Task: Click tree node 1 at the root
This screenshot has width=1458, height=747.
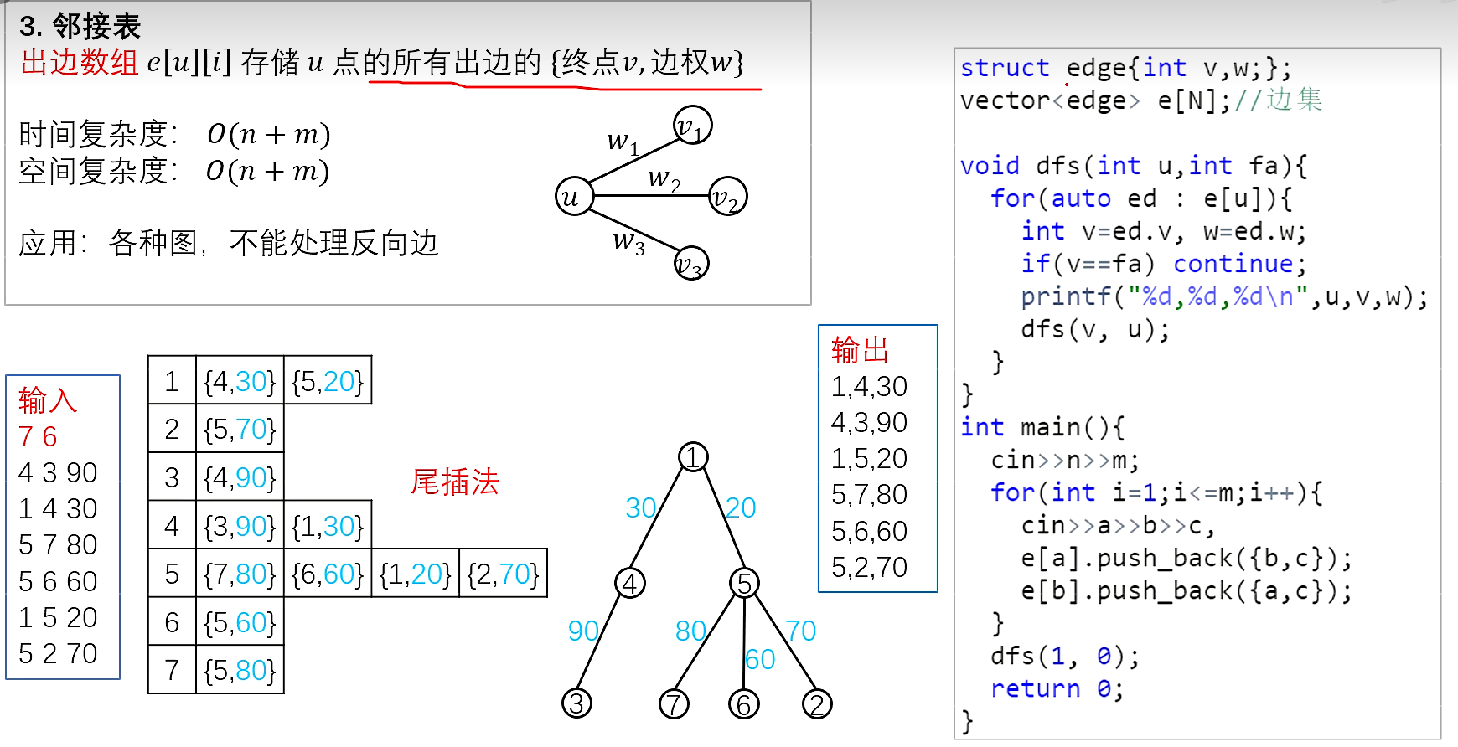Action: tap(693, 457)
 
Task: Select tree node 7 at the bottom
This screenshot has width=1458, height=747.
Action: tap(674, 703)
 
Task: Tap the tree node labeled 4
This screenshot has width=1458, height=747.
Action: tap(630, 583)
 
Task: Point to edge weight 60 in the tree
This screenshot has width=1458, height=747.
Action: tap(760, 660)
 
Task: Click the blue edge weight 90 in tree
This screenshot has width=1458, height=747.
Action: tap(583, 631)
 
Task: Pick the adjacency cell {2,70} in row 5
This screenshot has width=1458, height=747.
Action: tap(503, 574)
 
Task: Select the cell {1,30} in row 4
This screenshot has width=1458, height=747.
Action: tap(328, 526)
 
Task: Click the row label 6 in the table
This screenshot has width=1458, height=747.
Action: tap(172, 622)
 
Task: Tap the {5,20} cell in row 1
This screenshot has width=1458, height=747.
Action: tap(328, 382)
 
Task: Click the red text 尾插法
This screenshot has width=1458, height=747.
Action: tap(455, 482)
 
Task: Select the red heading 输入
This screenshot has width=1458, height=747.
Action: tap(47, 400)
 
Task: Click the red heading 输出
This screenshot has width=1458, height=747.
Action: tap(860, 350)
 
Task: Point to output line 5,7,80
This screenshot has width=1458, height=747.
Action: tap(869, 495)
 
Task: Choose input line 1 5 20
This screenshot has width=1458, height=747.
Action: tap(58, 617)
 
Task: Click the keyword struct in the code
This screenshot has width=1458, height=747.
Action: tap(1005, 68)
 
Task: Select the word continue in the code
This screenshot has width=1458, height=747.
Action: tap(1233, 264)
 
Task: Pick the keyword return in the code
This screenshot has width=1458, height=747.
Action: tap(1035, 688)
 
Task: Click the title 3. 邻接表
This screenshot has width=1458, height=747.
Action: tap(80, 27)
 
